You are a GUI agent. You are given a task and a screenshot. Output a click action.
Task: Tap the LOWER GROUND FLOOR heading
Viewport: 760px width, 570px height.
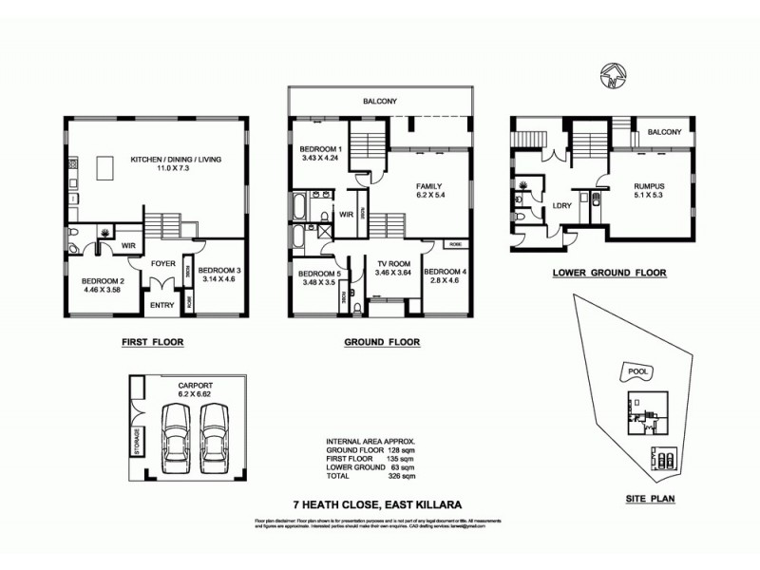point(609,273)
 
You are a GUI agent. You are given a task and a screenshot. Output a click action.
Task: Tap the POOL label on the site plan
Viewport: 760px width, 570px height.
point(633,371)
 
